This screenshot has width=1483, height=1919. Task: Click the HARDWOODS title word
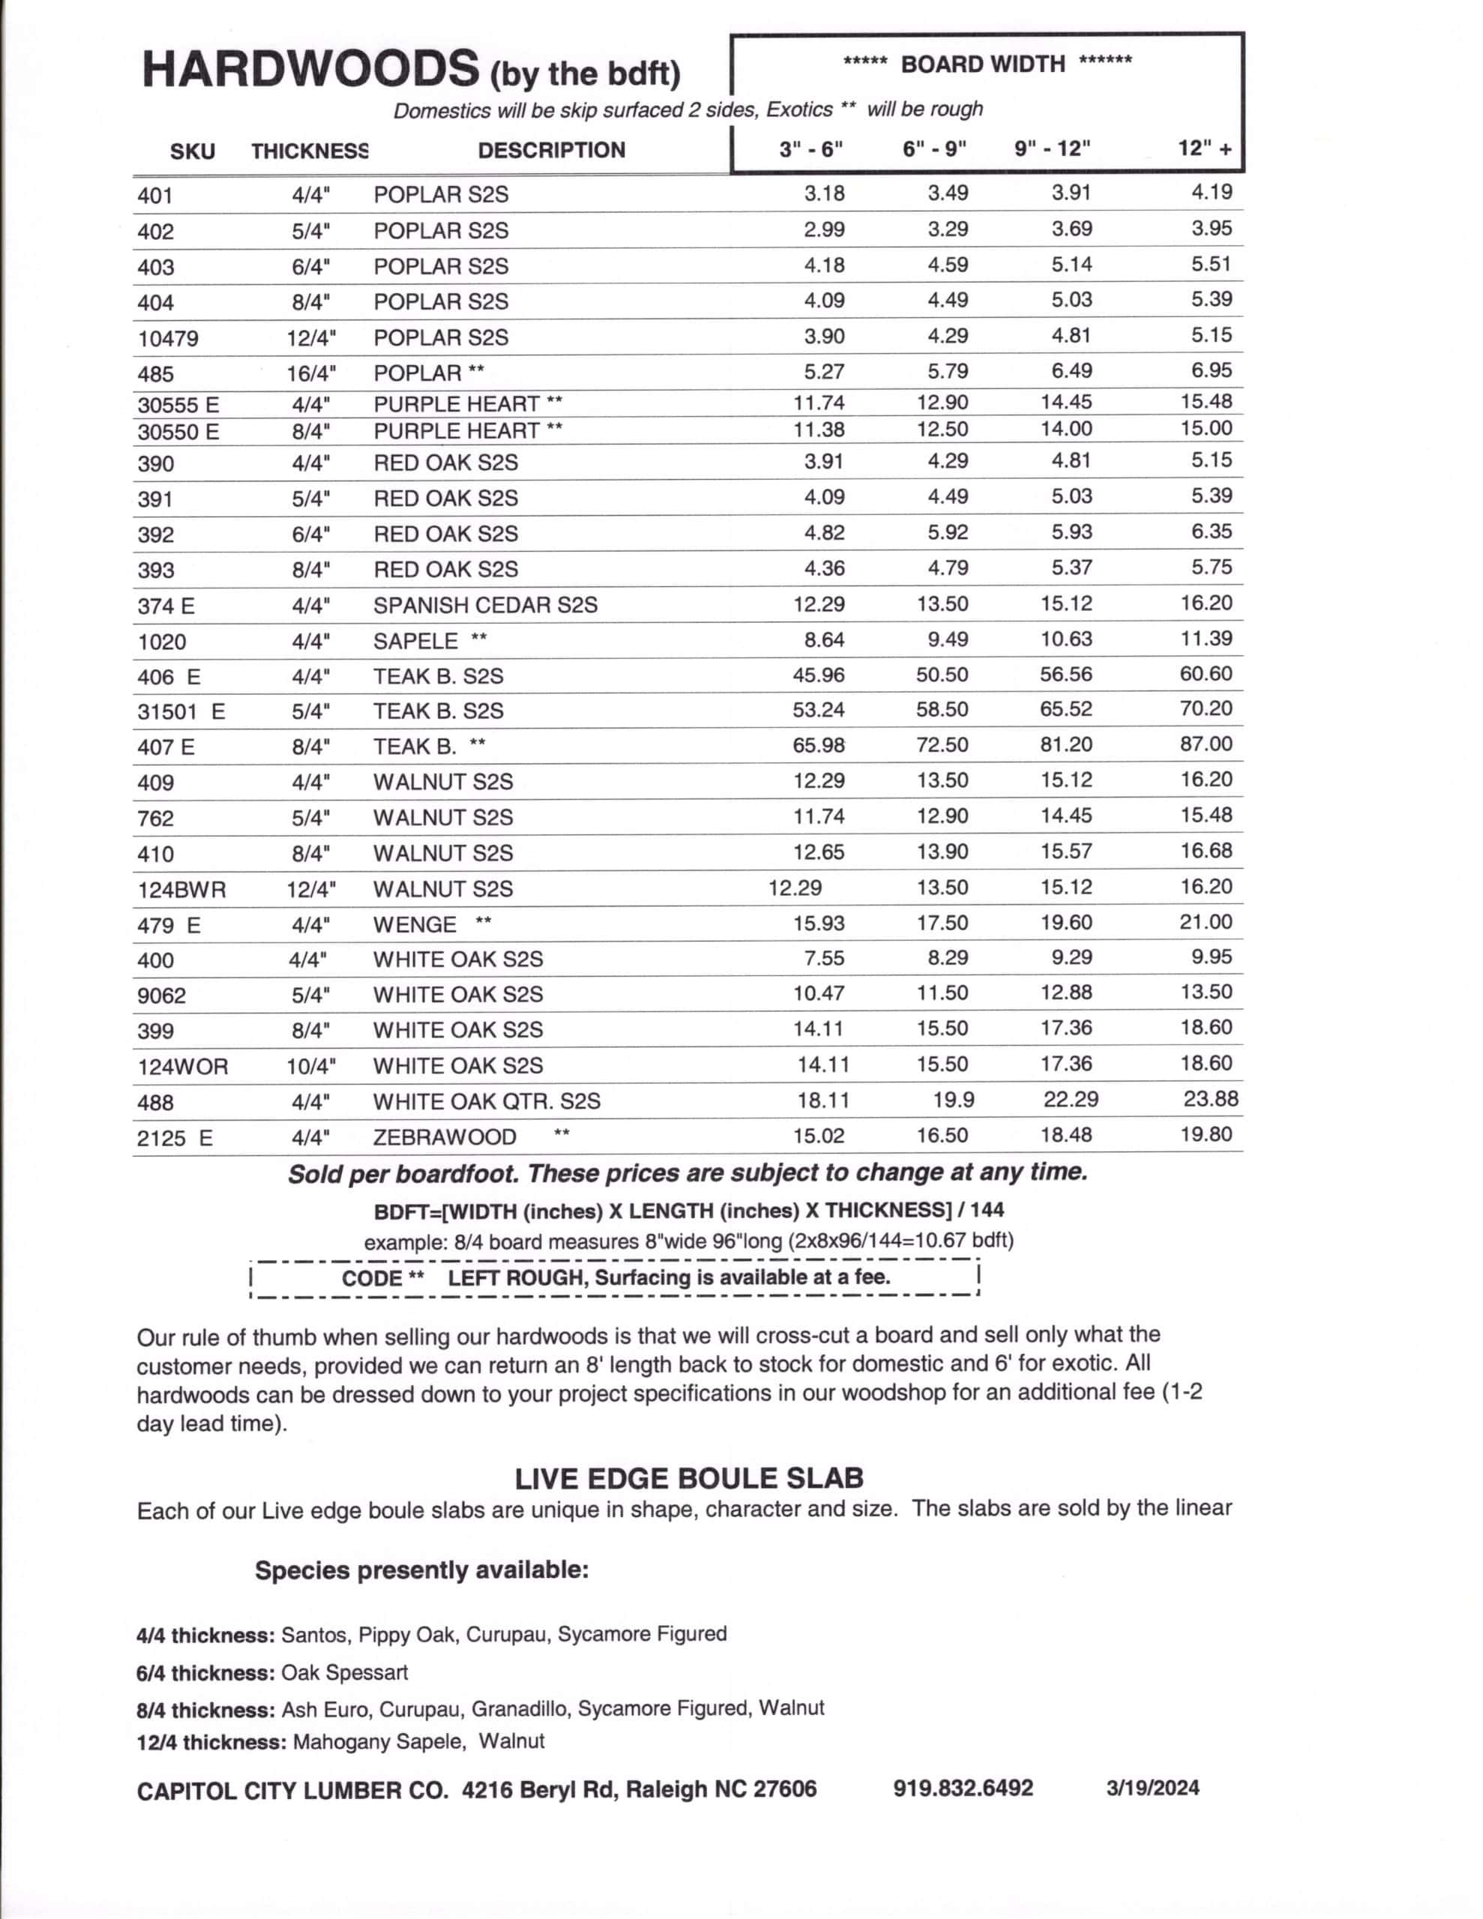click(310, 70)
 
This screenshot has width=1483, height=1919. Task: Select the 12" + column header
click(1204, 148)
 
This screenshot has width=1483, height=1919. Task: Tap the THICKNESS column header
click(310, 151)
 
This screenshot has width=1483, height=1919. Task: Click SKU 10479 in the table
click(168, 338)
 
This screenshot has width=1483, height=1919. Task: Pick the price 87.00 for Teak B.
click(1205, 744)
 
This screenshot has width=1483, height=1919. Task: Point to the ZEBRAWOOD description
click(444, 1137)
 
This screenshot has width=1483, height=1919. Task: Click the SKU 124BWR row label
click(181, 890)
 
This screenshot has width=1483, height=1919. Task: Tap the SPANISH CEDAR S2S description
click(484, 606)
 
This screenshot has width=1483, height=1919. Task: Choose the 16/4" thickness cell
click(311, 373)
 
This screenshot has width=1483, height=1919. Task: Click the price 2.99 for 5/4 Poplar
click(824, 229)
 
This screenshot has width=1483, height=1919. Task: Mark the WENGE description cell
click(414, 925)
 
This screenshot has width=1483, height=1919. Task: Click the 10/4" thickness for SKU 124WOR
click(311, 1067)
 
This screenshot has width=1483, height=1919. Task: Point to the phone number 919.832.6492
click(963, 1787)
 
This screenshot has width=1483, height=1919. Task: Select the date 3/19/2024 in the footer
click(1152, 1788)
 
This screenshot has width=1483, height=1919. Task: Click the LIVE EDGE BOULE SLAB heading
click(688, 1478)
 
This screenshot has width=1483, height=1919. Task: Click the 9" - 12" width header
click(1051, 148)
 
